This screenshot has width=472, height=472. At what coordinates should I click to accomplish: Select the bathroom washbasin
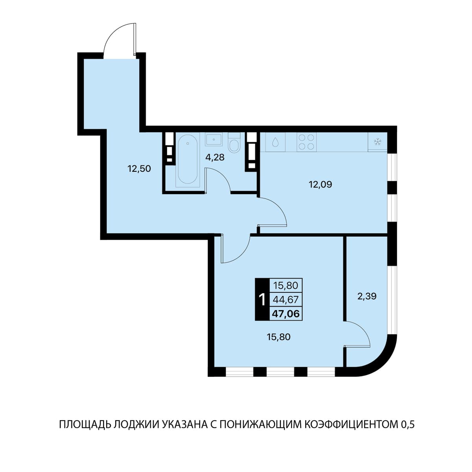coord(214,139)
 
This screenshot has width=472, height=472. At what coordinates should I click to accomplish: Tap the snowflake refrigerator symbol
coord(377,142)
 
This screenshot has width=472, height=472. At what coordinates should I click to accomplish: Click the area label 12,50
coord(139,169)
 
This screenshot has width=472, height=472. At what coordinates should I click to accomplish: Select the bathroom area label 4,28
coord(215,157)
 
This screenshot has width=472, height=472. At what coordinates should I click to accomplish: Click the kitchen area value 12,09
coord(320,184)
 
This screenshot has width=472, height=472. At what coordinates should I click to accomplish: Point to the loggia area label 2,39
coord(367,296)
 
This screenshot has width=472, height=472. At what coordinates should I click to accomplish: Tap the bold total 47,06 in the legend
coord(286,314)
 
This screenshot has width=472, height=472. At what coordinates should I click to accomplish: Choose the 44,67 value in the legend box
coord(286,299)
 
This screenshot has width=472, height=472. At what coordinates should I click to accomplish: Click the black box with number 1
coord(262,299)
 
